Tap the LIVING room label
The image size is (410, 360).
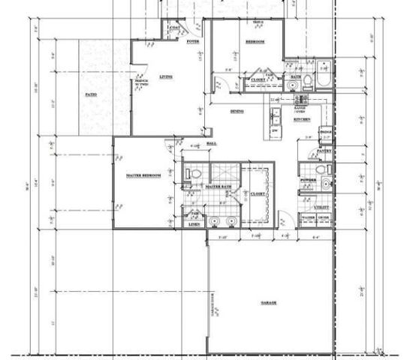[166, 76]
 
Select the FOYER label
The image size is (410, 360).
[192, 43]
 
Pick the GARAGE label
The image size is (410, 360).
[269, 303]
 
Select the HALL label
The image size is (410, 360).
[212, 142]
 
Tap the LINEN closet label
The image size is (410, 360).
[194, 223]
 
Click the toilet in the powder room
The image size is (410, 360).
[323, 172]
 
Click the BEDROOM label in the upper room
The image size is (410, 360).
[255, 43]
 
